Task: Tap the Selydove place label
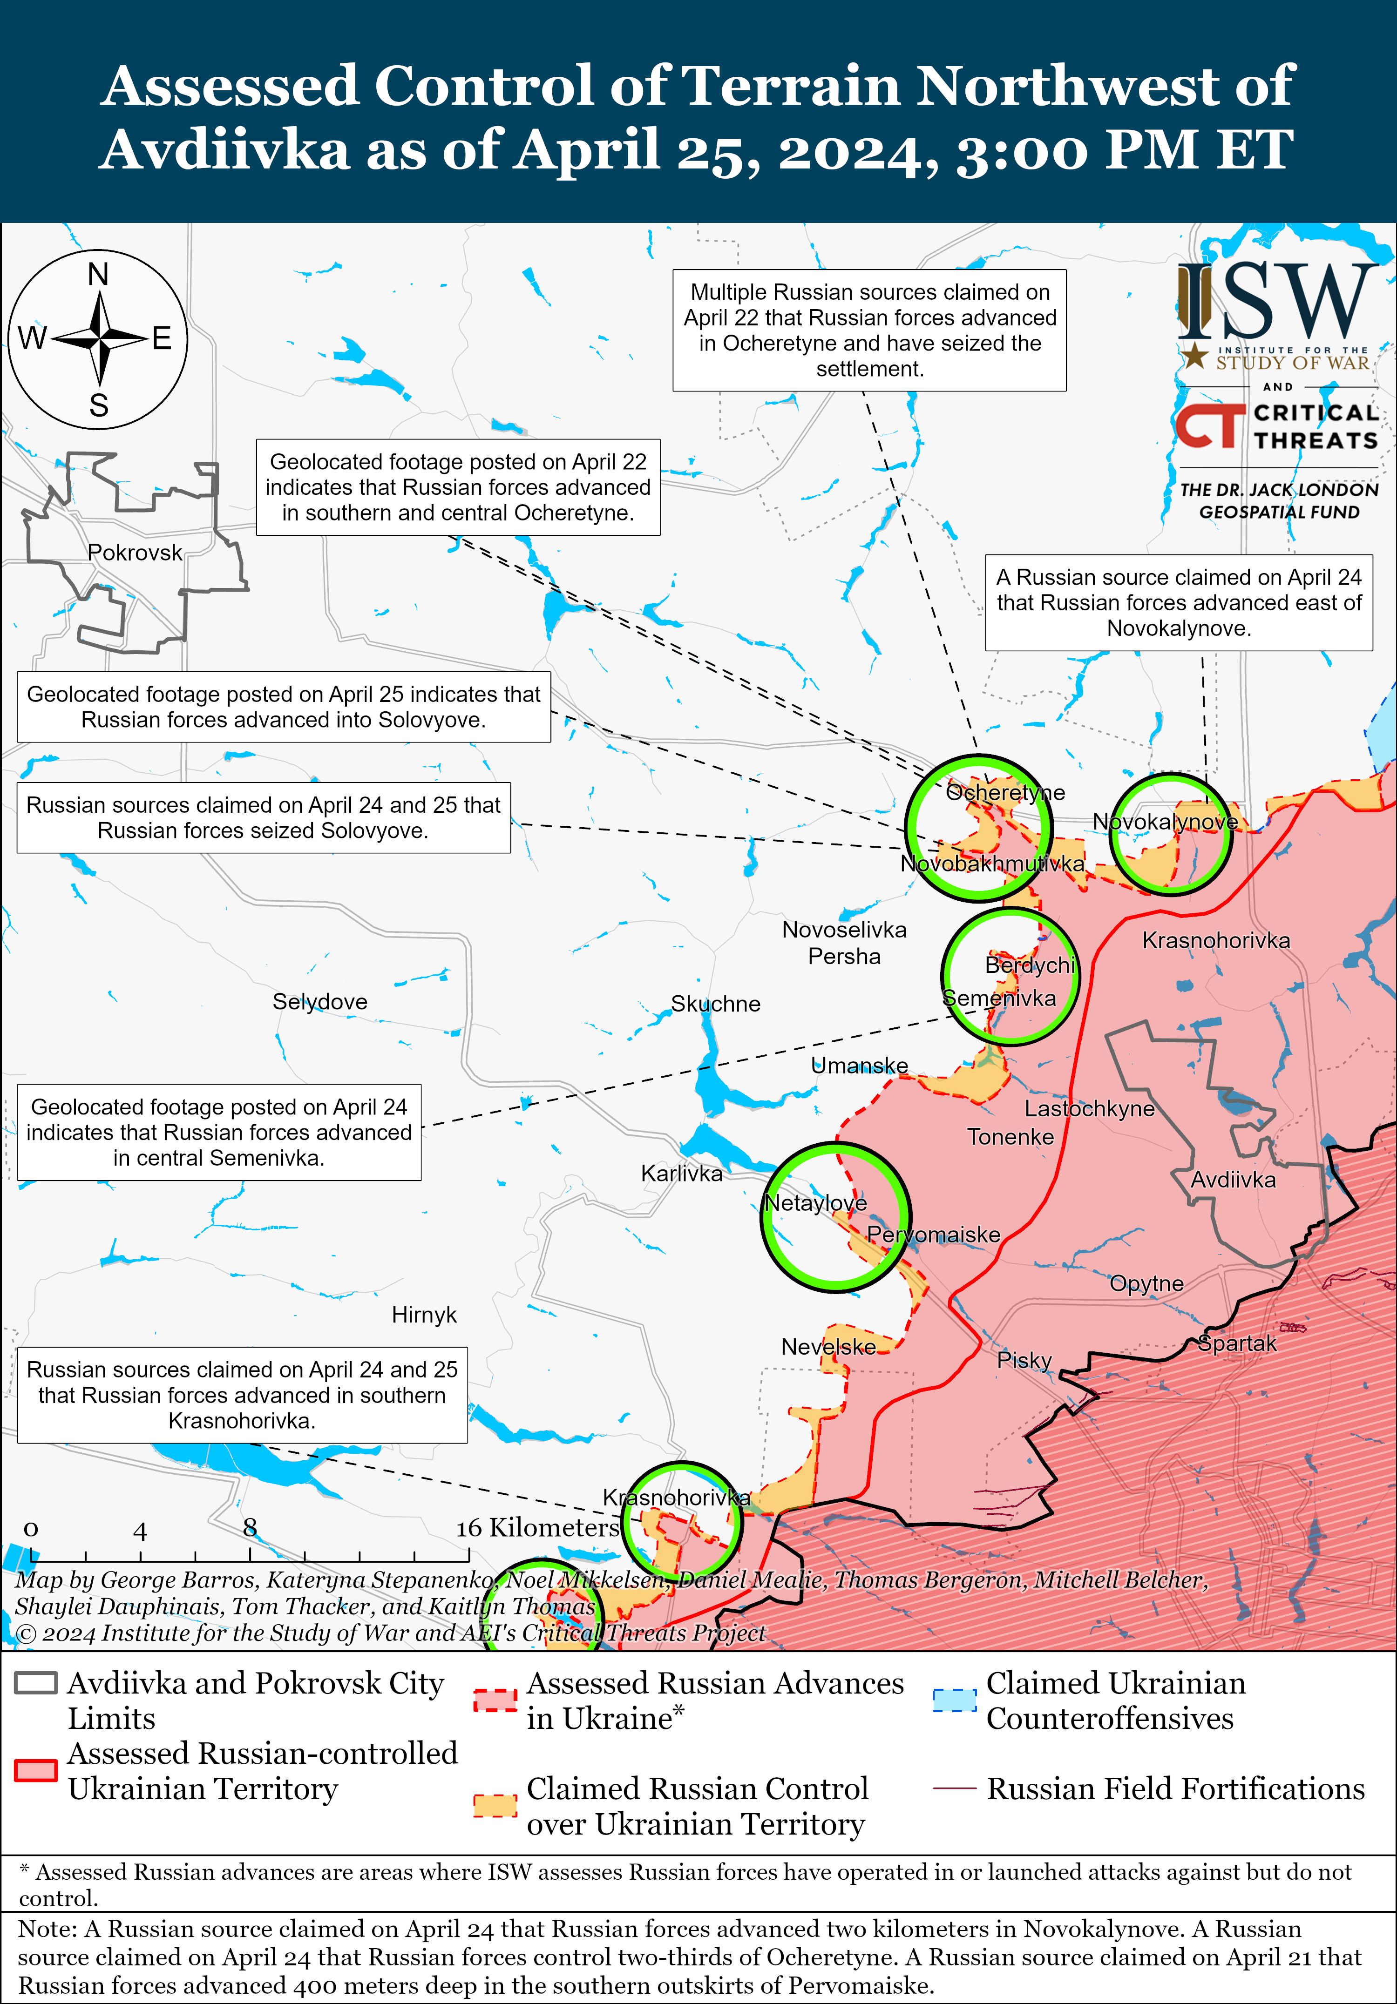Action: [x=319, y=1001]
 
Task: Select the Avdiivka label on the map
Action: [x=1233, y=1180]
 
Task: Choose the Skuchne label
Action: [x=715, y=1004]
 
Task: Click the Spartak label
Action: [x=1237, y=1343]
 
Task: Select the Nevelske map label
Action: [x=828, y=1347]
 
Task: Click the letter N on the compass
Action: [x=99, y=275]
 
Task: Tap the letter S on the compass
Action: [x=99, y=406]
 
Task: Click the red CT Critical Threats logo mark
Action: [x=1209, y=426]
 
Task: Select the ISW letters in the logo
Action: [x=1276, y=301]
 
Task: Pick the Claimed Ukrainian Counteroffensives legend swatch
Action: [x=954, y=1700]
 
